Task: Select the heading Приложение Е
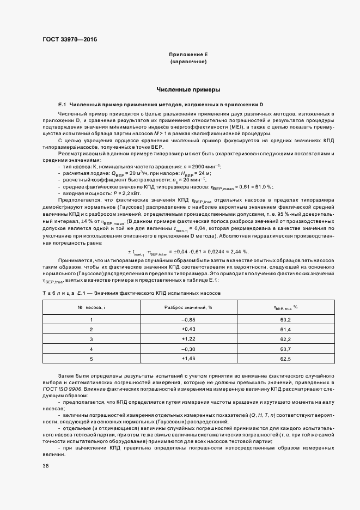coord(188,55)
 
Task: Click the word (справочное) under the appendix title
coord(188,62)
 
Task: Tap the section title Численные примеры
coord(188,89)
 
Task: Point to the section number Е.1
coord(62,104)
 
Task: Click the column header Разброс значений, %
coord(188,308)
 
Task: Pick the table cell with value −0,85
coord(188,320)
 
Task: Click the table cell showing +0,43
coord(188,330)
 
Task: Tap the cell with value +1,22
coord(188,339)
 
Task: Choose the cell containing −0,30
coord(188,349)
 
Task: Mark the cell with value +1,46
coord(188,359)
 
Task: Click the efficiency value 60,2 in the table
coord(285,320)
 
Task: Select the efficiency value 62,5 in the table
coord(285,359)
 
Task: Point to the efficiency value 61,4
coord(285,330)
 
